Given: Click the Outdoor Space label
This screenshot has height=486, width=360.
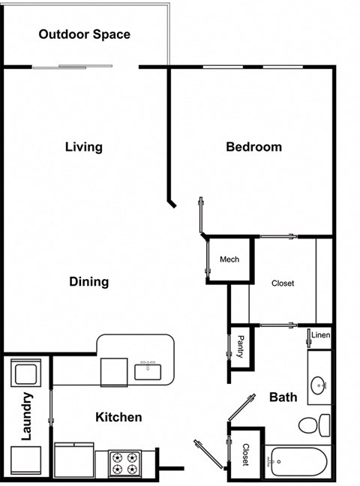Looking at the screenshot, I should coord(84,34).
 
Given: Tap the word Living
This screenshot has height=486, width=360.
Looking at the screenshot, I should coord(83,147).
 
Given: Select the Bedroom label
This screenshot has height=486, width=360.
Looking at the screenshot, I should coord(253,147).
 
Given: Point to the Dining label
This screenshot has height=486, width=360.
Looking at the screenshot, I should coord(89,282).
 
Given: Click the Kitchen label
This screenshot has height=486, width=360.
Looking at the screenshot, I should coord(118,417).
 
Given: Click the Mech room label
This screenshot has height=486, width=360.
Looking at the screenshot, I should coord(229,259).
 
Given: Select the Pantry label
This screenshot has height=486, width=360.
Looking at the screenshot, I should coord(240,346).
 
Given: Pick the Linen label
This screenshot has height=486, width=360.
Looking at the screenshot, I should coord(321,334).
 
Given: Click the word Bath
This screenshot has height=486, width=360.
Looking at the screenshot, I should coord(283,397).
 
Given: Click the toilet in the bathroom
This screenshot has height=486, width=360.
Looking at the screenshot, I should coord(314,425).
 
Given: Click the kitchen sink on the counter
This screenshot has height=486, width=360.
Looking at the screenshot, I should coord(147,369).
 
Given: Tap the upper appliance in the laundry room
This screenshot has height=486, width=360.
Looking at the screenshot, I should coord(27,373).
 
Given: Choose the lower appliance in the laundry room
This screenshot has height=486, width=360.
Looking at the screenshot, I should coord(27,458).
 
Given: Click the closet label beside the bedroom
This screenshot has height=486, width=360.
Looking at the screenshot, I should coord(283,283).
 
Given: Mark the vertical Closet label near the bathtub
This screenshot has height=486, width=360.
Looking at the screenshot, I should coord(245,454).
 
